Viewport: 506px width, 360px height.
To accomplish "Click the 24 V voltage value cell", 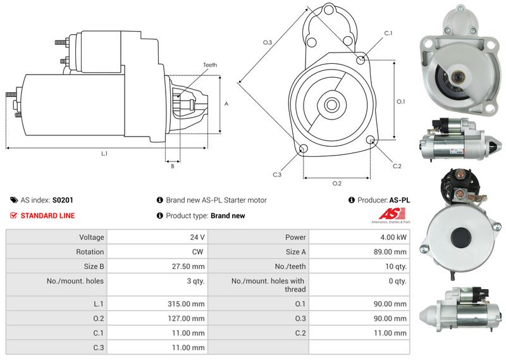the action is [x=197, y=237].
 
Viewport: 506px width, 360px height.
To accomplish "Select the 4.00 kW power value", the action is [x=393, y=237].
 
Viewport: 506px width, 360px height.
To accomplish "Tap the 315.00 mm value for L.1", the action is [x=186, y=304].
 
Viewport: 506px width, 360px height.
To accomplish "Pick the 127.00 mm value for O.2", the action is [x=186, y=318].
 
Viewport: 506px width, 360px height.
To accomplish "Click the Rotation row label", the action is [x=90, y=252].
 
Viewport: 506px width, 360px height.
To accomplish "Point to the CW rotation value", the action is [x=197, y=252].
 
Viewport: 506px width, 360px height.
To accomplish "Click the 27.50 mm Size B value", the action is [x=188, y=266].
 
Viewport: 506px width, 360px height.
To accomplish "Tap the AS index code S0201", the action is [x=63, y=200].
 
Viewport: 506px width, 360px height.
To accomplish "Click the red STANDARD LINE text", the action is [x=48, y=216].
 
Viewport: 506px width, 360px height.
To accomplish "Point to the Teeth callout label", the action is [x=210, y=65].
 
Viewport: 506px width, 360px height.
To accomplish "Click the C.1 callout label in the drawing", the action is [x=388, y=34].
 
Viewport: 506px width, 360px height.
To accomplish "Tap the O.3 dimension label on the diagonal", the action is [x=267, y=42].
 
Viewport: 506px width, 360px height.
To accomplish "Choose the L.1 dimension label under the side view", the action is [x=104, y=154].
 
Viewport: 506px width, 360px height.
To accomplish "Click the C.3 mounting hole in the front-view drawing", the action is [x=303, y=149].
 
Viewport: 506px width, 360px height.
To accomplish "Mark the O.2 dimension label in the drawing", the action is [x=336, y=183].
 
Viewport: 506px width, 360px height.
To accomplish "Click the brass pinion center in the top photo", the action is [x=457, y=77].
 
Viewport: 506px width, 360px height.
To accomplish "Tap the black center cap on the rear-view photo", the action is [x=461, y=237].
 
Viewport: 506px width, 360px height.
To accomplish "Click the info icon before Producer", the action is [x=352, y=200].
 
